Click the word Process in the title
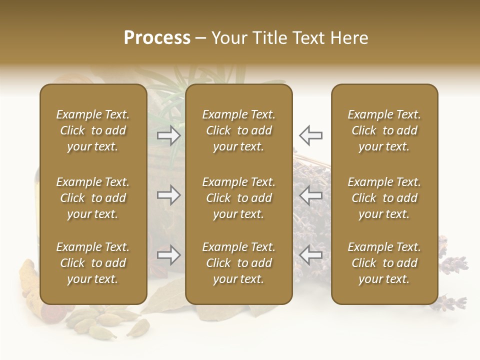click(x=157, y=38)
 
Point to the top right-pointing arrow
click(x=169, y=135)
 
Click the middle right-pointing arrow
click(x=169, y=195)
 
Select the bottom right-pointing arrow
click(x=169, y=255)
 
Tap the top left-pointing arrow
click(x=310, y=135)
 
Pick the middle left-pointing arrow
click(x=310, y=195)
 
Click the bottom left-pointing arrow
click(x=310, y=255)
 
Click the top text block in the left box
click(x=93, y=130)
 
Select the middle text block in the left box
click(x=93, y=198)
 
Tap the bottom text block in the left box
click(x=93, y=263)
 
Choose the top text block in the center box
click(x=239, y=130)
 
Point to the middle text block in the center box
click(x=239, y=198)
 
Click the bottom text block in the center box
click(x=239, y=263)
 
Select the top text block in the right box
click(x=384, y=130)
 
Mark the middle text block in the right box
click(x=384, y=198)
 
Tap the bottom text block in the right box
click(x=384, y=263)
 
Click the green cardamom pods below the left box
click(x=107, y=320)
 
